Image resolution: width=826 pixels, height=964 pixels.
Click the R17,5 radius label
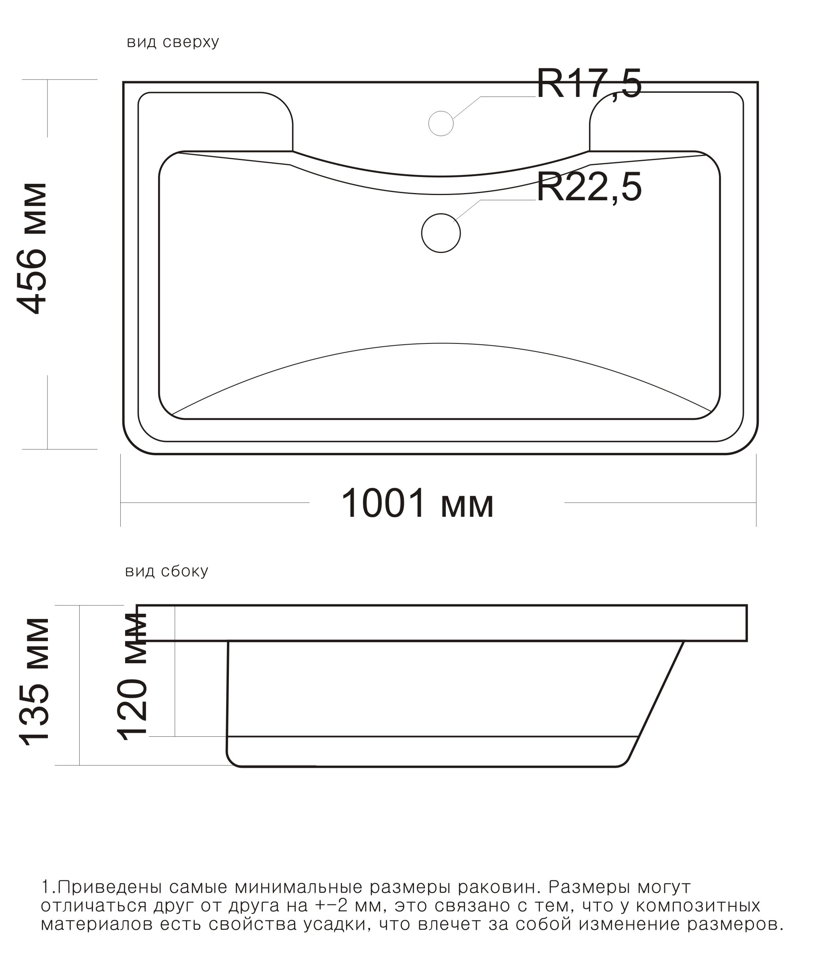(x=589, y=84)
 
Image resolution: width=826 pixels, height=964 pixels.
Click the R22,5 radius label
(x=589, y=187)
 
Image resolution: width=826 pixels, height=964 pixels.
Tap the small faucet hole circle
(x=441, y=123)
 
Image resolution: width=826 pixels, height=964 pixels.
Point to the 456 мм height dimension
(x=32, y=249)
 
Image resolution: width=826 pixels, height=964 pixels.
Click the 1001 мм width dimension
(x=417, y=503)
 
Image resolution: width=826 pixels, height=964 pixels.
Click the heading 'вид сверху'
(x=173, y=42)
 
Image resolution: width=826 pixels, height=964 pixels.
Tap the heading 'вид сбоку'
(x=167, y=571)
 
